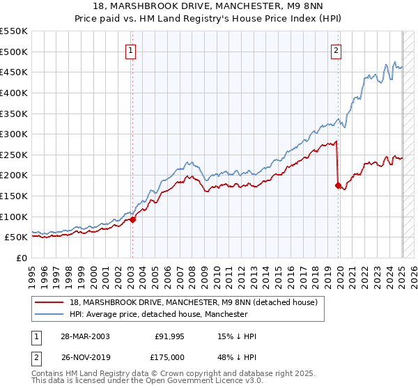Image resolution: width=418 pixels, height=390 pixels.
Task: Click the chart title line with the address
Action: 208,8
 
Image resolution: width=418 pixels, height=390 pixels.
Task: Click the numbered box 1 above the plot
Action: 132,49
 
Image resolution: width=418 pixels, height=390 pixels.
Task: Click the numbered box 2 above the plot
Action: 336,49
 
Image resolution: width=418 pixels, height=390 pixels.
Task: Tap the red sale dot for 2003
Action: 132,219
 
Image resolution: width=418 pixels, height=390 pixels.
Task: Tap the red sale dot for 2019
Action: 338,185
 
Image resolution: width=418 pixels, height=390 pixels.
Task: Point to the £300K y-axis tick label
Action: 14,134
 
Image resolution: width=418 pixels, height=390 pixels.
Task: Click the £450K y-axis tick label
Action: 14,72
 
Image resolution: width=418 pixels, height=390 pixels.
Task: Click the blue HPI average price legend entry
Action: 158,314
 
